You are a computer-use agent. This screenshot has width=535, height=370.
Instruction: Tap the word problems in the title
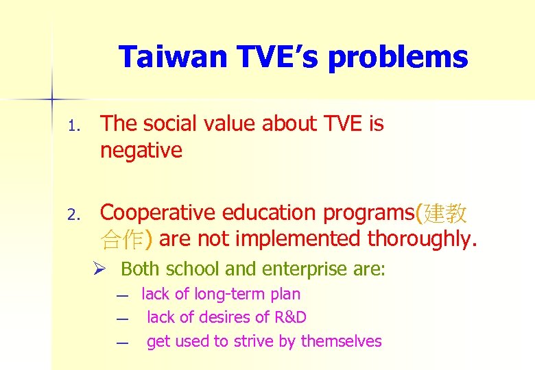point(398,58)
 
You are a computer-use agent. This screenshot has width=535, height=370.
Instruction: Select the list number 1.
point(75,126)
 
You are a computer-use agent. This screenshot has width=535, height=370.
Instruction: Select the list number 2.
point(75,215)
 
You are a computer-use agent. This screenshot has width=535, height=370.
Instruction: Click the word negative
point(141,150)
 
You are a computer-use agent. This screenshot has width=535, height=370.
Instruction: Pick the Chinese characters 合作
point(121,239)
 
